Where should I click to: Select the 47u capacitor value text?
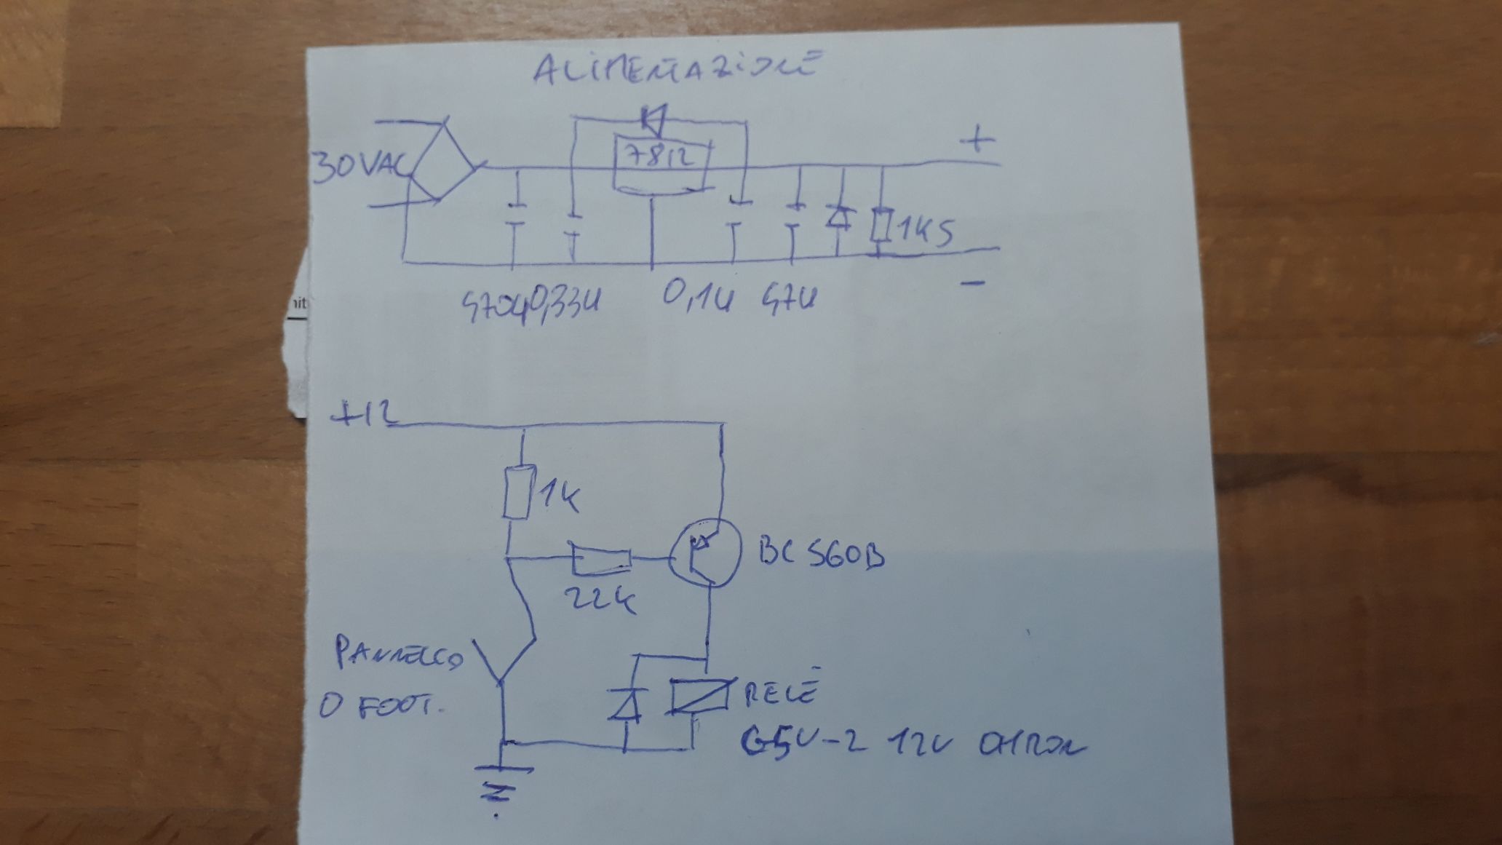pyautogui.click(x=790, y=298)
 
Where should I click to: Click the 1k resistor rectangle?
pyautogui.click(x=520, y=493)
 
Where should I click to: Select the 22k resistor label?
pyautogui.click(x=600, y=600)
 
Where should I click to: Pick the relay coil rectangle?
pyautogui.click(x=699, y=697)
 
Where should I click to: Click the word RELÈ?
pyautogui.click(x=782, y=692)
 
